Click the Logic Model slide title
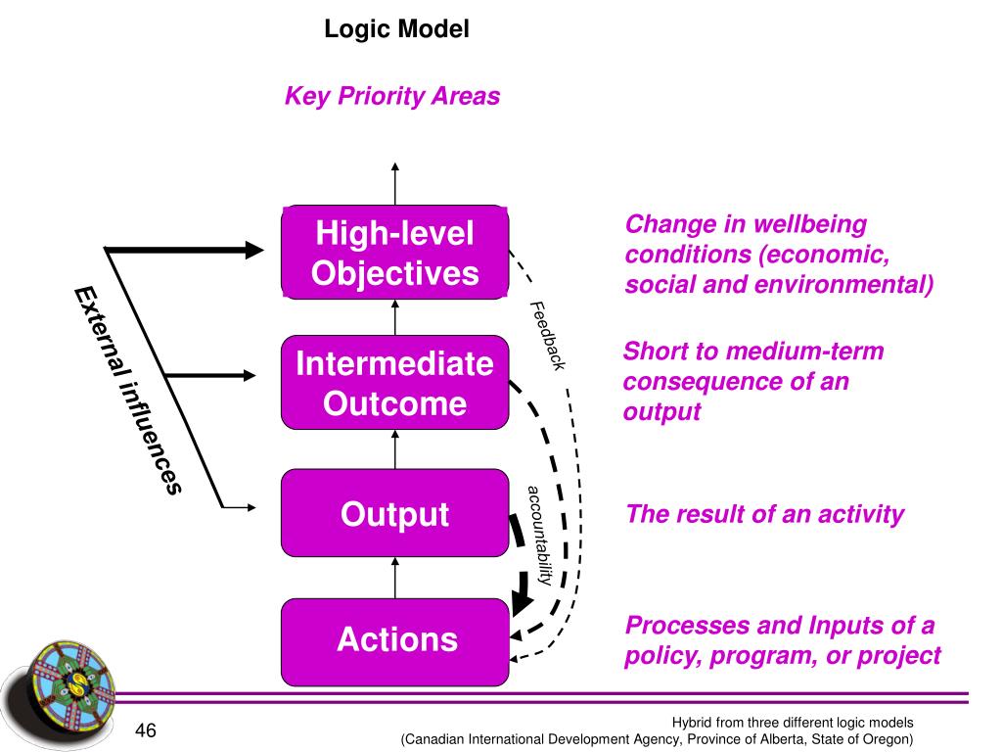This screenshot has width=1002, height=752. (397, 29)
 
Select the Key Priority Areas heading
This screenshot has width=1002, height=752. (392, 96)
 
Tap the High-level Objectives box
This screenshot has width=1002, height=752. (395, 252)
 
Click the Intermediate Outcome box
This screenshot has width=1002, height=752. (395, 383)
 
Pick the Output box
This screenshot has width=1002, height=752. (395, 513)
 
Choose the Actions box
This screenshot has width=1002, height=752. (395, 642)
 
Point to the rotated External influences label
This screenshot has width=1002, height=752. (128, 391)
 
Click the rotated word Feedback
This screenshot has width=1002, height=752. (548, 336)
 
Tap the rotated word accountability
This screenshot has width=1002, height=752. (540, 536)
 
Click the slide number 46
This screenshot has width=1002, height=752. (146, 730)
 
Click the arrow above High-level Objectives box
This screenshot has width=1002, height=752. (395, 184)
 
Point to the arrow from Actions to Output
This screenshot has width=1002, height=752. (395, 578)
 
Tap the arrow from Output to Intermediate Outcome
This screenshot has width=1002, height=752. (395, 449)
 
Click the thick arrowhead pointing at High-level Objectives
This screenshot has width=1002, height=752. (255, 250)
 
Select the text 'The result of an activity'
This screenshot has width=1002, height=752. (765, 514)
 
